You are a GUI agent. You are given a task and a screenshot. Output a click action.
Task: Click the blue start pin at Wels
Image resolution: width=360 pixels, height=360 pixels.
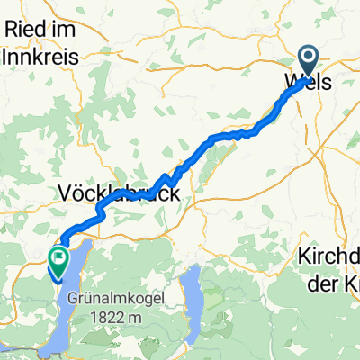point(308,62)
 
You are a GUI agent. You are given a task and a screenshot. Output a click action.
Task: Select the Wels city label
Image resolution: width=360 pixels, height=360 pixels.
point(307,81)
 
